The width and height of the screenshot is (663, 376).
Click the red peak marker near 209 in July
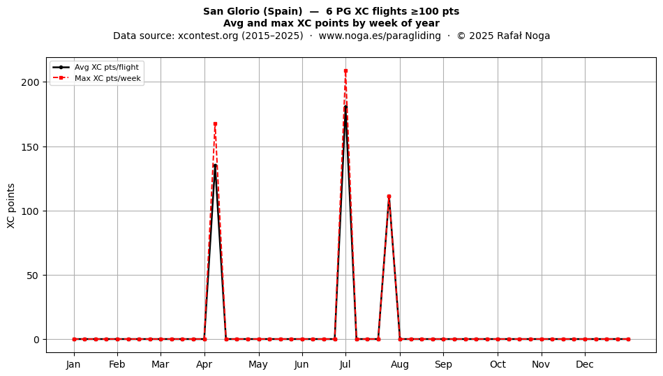(x=345, y=71)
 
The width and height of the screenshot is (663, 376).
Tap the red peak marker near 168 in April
(x=215, y=123)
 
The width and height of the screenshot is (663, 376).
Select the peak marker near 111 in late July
(x=389, y=197)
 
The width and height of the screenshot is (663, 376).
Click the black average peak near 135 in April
(x=215, y=165)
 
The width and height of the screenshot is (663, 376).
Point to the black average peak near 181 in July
(x=345, y=107)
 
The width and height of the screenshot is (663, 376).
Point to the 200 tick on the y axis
(x=30, y=82)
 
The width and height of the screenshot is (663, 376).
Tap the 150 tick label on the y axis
(x=30, y=147)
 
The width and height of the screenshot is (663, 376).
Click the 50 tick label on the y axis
(x=33, y=276)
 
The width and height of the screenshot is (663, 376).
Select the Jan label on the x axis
(x=73, y=364)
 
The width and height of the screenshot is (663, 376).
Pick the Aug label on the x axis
(x=400, y=364)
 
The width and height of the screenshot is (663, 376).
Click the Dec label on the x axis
(x=585, y=364)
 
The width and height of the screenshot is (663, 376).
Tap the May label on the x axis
(x=258, y=364)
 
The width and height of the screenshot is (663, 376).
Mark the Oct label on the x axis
(x=498, y=364)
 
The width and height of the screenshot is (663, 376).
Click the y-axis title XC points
(x=11, y=206)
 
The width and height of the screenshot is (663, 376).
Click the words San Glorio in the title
(x=229, y=11)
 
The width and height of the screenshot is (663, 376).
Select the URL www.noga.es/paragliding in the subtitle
(x=379, y=36)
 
